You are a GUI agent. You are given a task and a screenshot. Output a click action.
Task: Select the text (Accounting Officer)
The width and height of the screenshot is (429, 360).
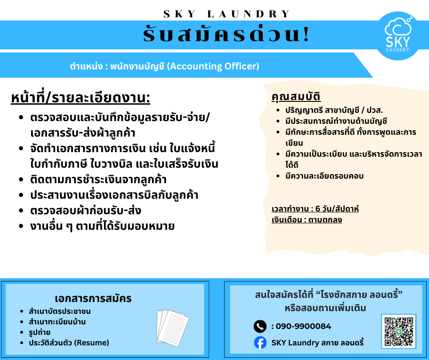(213, 66)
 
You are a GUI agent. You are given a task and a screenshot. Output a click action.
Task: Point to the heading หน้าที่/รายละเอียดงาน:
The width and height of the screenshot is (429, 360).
(80, 98)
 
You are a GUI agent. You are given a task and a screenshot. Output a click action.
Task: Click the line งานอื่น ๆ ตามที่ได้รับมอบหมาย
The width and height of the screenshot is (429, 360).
(102, 226)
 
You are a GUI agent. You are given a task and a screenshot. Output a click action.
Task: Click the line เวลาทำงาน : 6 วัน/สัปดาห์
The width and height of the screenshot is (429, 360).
(315, 209)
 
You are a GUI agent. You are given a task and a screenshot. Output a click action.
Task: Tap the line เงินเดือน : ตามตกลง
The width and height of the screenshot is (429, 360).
(307, 220)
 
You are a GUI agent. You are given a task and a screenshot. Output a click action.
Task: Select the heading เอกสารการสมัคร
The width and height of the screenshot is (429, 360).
(93, 299)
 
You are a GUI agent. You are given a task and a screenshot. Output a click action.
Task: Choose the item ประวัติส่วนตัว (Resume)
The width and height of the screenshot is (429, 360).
(69, 343)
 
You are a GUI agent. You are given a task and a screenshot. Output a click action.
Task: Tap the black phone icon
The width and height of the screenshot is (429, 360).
(260, 326)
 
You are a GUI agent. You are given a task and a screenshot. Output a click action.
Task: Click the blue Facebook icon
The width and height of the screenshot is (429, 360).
(260, 343)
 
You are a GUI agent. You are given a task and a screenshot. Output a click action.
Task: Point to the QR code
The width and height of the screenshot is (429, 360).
(398, 331)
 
